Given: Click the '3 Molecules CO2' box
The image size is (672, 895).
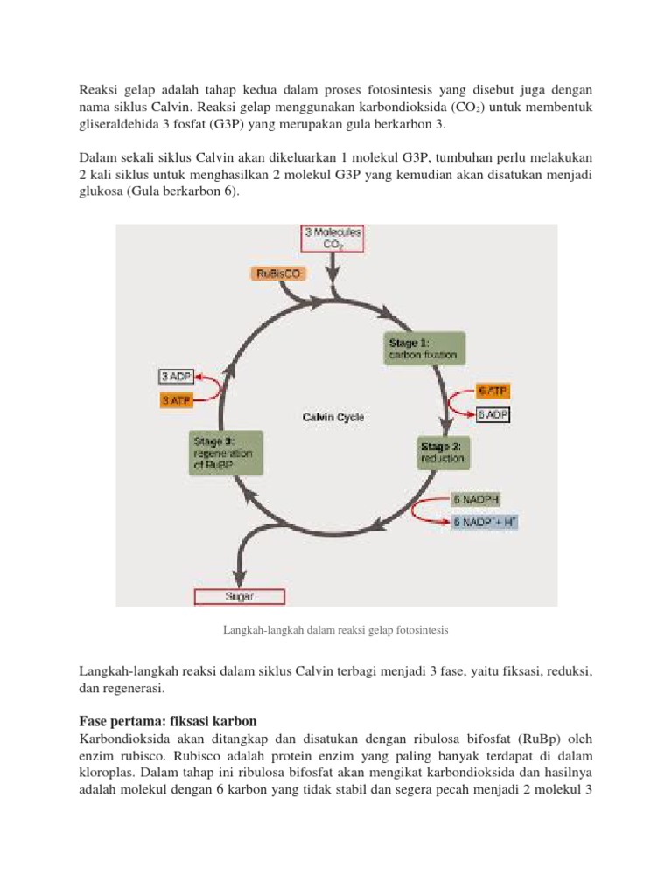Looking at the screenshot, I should [332, 239].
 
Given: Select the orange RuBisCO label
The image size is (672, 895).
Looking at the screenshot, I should [279, 274].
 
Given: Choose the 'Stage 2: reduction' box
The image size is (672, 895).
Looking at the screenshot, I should [443, 452].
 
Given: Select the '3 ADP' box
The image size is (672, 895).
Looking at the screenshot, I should [177, 377].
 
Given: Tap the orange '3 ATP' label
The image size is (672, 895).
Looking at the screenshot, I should [177, 400].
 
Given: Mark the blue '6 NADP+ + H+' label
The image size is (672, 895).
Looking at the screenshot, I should [486, 523].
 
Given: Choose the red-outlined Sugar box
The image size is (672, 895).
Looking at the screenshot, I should [239, 597].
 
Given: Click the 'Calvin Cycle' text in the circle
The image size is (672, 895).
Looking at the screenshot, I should [333, 418].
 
